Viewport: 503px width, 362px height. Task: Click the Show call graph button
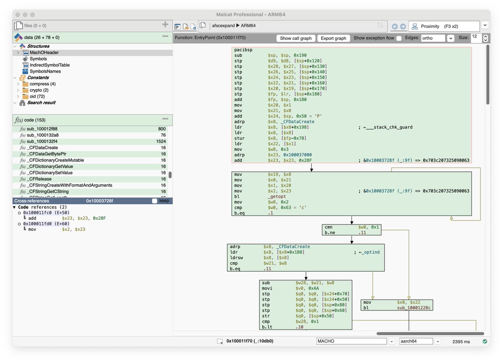point(296,38)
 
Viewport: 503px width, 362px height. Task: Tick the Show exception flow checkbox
point(399,38)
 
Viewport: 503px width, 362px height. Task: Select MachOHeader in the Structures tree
point(44,53)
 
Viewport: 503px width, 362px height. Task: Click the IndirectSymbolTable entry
point(49,65)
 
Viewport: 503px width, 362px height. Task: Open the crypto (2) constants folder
point(39,90)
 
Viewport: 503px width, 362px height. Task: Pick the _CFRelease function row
point(40,179)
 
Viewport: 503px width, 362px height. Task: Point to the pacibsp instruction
point(243,50)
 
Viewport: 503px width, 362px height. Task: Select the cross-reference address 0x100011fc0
point(40,213)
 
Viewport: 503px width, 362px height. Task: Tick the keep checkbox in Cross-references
point(155,201)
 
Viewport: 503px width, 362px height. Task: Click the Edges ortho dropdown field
point(433,38)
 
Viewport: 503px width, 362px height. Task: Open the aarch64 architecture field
point(416,341)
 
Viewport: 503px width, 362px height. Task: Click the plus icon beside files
point(165,25)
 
